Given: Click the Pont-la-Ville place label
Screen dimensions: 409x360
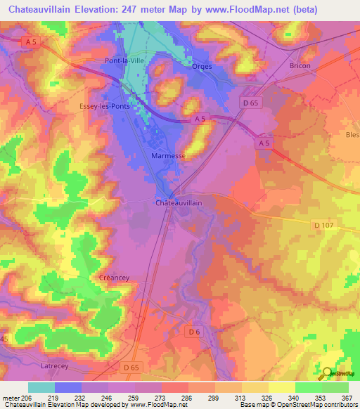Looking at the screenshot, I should coord(124,61).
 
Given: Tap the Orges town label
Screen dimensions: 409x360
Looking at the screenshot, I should coord(202,67).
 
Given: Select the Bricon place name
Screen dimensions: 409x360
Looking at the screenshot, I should coord(300,66).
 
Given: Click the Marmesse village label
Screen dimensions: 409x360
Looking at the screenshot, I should coord(169,155).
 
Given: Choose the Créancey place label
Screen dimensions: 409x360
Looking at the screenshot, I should coord(115,278).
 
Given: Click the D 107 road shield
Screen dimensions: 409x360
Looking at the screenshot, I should coord(323,224).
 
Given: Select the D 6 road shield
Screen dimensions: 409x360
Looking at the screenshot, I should coord(194,331).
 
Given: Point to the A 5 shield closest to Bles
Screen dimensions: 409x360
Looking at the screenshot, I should coord(264,143).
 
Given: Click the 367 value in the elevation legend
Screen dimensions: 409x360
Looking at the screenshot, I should coord(347,397).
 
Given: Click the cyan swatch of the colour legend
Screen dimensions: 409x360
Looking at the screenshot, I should coord(41,387).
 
